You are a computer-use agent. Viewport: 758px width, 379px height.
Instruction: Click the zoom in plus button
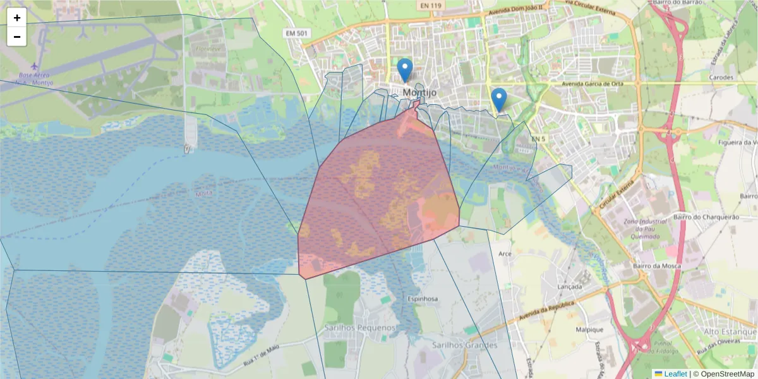pyautogui.click(x=17, y=18)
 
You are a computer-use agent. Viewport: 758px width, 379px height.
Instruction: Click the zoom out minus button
pyautogui.click(x=17, y=37)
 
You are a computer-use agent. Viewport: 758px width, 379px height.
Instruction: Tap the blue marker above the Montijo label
pyautogui.click(x=405, y=69)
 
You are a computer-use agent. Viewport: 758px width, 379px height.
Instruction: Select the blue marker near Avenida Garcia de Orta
pyautogui.click(x=499, y=99)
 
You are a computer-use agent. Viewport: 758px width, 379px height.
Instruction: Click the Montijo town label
pyautogui.click(x=419, y=92)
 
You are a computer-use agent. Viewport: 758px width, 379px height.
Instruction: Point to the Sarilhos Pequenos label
pyautogui.click(x=360, y=328)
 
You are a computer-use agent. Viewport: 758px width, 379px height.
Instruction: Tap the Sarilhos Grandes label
pyautogui.click(x=465, y=345)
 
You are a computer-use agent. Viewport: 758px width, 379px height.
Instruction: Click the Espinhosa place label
pyautogui.click(x=423, y=299)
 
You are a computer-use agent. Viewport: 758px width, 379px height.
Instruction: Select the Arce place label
pyautogui.click(x=505, y=254)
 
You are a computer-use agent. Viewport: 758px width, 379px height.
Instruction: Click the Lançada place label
pyautogui.click(x=570, y=286)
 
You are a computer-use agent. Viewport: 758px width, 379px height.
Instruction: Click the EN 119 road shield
pyautogui.click(x=431, y=5)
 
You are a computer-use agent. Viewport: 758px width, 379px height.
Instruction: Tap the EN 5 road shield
pyautogui.click(x=538, y=138)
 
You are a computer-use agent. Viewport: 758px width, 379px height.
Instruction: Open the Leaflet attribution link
pyautogui.click(x=675, y=374)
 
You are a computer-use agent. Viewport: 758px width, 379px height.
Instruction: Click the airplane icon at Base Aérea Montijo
pyautogui.click(x=33, y=66)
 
